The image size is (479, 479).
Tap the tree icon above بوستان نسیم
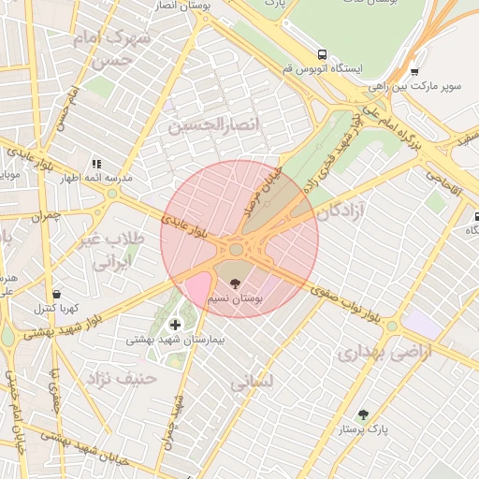click(x=235, y=283)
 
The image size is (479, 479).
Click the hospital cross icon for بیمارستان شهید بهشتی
click(x=175, y=325)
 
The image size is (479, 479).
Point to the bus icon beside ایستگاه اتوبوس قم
click(x=323, y=55)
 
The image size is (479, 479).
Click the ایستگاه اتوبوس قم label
click(x=334, y=70)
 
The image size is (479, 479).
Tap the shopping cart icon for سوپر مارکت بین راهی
click(x=414, y=71)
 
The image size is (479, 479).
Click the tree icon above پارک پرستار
click(x=363, y=414)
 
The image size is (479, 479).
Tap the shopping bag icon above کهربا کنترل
click(x=56, y=294)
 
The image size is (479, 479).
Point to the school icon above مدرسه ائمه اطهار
click(x=96, y=163)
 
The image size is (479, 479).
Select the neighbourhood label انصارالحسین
click(x=213, y=124)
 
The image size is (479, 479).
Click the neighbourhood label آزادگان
click(x=341, y=212)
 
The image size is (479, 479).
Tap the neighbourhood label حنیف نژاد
click(x=122, y=379)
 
